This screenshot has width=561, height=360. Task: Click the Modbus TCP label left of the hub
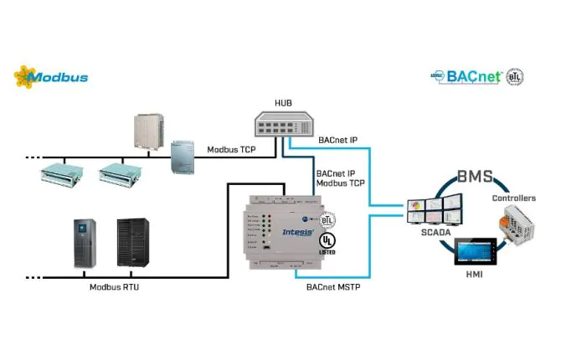point(232,150)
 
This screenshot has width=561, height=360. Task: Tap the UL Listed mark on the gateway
point(327,243)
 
